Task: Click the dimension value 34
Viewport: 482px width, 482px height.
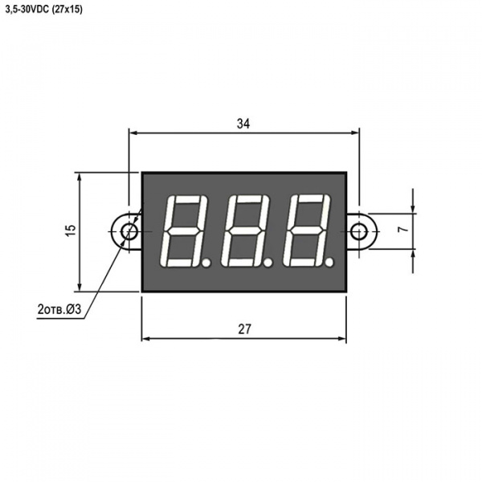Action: coord(243,124)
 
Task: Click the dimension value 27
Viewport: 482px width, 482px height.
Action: coord(244,329)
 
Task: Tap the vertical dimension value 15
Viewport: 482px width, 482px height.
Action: coord(71,230)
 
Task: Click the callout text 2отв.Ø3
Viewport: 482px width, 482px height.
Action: coord(59,309)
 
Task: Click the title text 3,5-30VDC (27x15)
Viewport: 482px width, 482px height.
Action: coord(44,10)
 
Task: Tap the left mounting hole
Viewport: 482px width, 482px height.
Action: coord(129,231)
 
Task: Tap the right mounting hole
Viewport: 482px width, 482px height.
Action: coord(359,231)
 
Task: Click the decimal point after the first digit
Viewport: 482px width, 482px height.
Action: coord(206,263)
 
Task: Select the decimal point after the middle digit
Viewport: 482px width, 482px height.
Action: coord(268,263)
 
